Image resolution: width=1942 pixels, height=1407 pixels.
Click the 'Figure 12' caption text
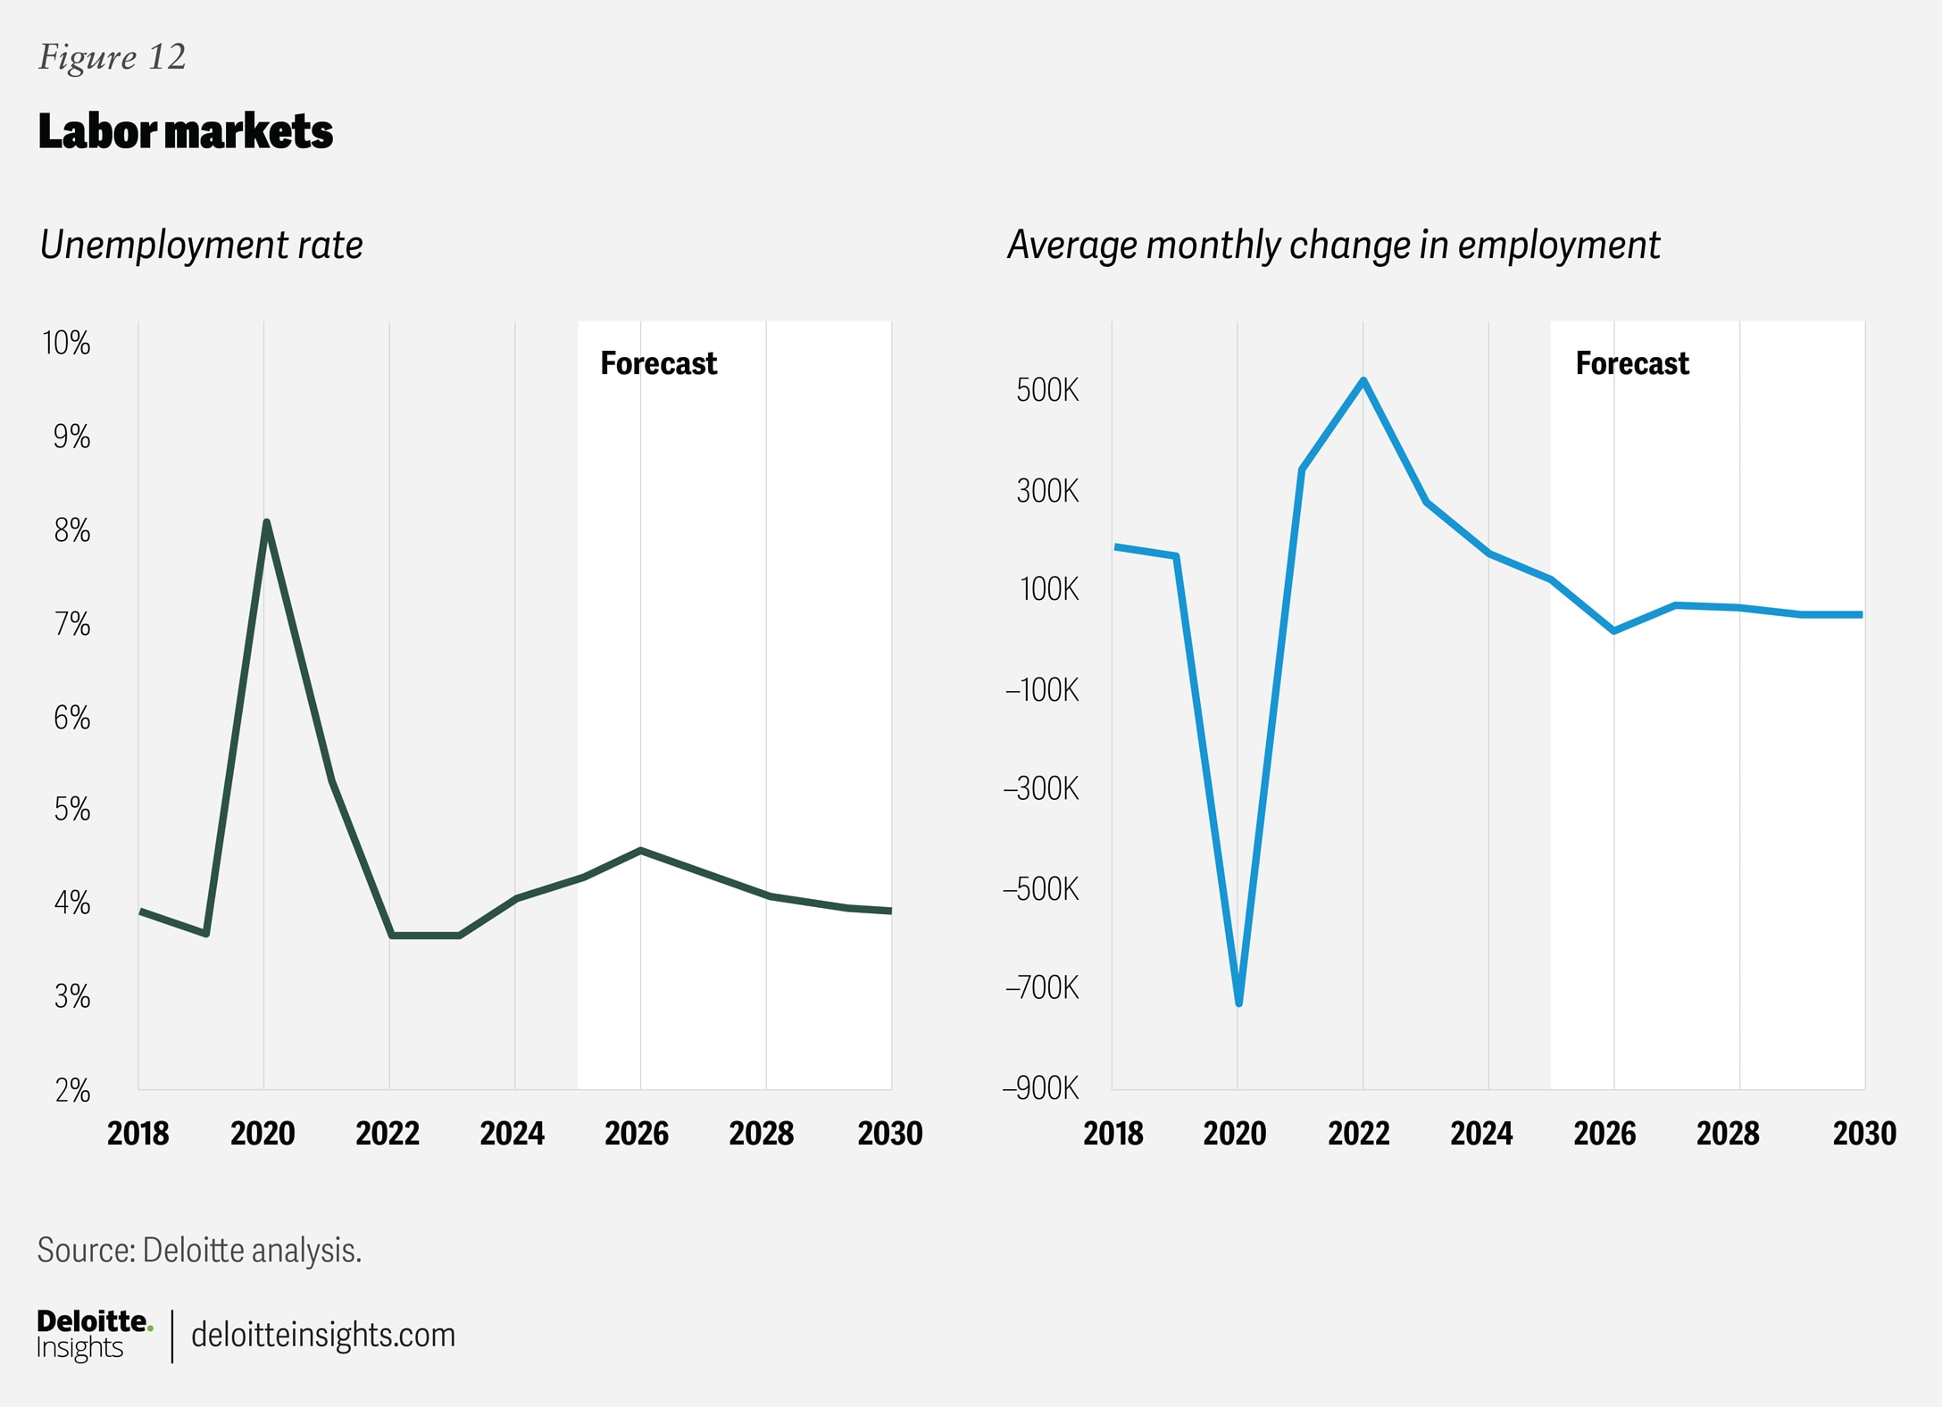pos(112,57)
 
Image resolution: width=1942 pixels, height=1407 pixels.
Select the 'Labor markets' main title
pos(185,131)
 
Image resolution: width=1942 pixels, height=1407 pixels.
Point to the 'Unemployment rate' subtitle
pos(201,245)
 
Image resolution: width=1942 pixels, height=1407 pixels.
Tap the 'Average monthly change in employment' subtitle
pos(1333,245)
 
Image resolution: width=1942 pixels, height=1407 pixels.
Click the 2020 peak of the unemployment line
pos(267,522)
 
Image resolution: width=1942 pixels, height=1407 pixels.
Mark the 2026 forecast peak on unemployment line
pos(640,851)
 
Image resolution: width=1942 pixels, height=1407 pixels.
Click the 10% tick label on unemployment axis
pos(67,343)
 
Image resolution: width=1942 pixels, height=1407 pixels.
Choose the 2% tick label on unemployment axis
pos(72,1090)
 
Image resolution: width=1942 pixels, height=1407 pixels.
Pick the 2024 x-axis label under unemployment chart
pos(513,1133)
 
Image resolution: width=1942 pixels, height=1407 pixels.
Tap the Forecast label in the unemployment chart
pos(658,363)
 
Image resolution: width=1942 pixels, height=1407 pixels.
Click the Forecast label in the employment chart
pos(1631,363)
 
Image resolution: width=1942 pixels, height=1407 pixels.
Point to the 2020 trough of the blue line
pos(1239,1003)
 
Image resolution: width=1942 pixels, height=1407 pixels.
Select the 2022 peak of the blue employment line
pos(1363,381)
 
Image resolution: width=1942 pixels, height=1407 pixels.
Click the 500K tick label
pos(1047,390)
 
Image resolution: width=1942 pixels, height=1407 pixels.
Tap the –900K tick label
pos(1041,1088)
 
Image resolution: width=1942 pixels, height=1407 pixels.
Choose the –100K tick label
pos(1042,690)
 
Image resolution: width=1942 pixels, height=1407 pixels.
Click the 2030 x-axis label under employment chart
pos(1864,1133)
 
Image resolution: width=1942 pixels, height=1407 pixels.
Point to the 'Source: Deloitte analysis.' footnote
pos(199,1250)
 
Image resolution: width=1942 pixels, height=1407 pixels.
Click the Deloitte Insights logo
pos(94,1335)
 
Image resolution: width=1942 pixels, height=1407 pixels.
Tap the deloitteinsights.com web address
pos(323,1335)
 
